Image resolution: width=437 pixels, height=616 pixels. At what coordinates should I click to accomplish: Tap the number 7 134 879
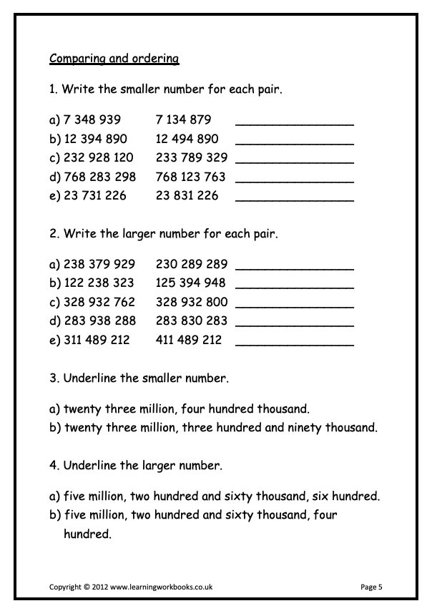point(183,119)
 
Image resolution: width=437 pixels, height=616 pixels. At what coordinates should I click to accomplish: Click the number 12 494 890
point(187,139)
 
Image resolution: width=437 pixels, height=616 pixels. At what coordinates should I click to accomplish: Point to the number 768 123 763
point(190,177)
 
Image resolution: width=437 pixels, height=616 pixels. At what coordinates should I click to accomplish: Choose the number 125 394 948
point(190,283)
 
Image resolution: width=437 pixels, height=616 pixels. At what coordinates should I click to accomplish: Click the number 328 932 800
point(191,302)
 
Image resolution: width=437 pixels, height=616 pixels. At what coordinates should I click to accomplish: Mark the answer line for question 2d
point(294,325)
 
